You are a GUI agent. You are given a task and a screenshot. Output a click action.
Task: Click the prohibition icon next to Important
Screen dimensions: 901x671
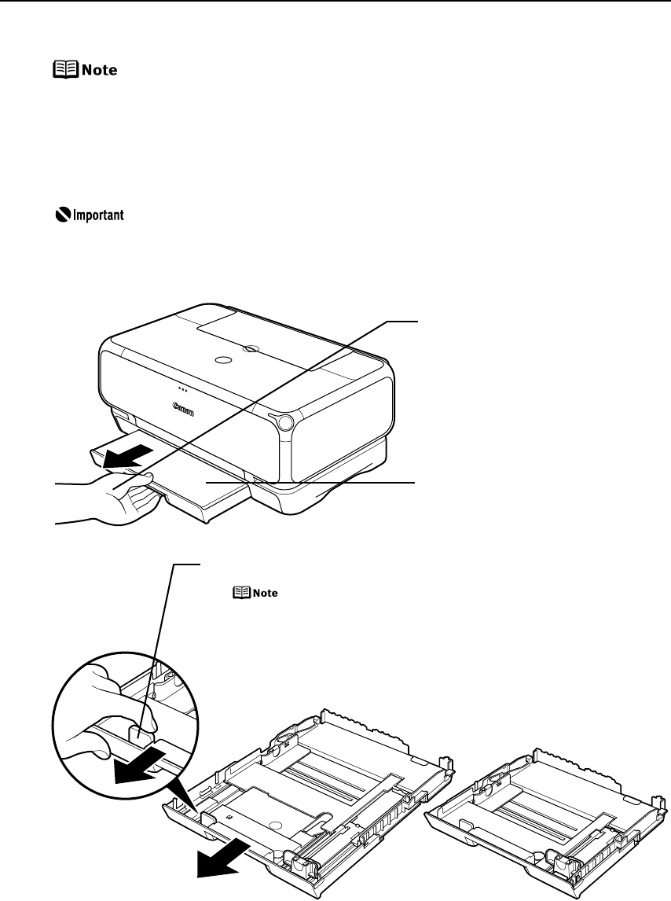[53, 215]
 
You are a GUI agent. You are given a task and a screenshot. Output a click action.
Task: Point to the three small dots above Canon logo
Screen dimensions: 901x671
[182, 388]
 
